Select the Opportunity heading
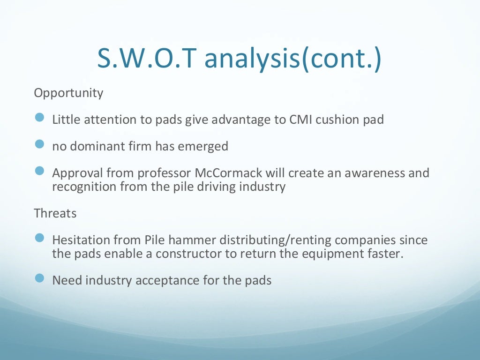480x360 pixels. tap(68, 93)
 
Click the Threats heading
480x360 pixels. tap(55, 213)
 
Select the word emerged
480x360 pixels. tap(203, 146)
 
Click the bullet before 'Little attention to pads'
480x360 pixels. tap(39, 118)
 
